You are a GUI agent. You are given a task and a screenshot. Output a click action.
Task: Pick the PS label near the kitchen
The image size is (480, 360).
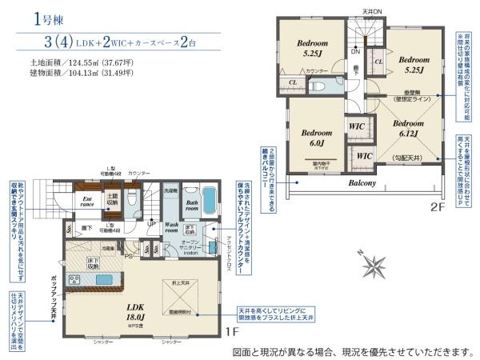[x=129, y=256]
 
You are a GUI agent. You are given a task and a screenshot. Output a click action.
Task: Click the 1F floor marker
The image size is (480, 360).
[x=231, y=331]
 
